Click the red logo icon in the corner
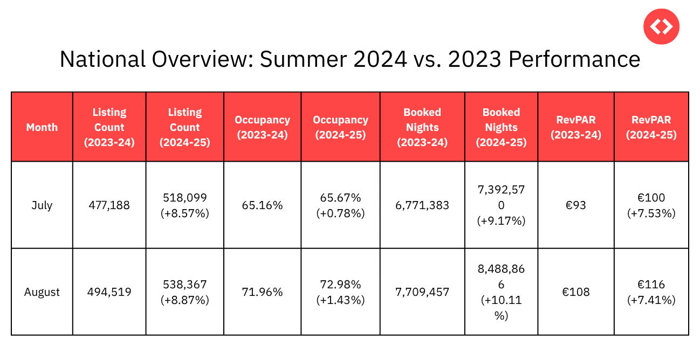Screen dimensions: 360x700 [x=661, y=26]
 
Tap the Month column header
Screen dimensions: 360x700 [x=42, y=127]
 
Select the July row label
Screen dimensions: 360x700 [x=42, y=205]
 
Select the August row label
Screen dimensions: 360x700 [x=42, y=292]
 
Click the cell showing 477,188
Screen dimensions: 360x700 [x=109, y=205]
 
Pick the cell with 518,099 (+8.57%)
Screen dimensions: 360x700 [x=184, y=205]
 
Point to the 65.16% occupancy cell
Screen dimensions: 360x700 [x=262, y=205]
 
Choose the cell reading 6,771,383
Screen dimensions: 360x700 [x=422, y=205]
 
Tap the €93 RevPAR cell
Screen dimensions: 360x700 [x=576, y=205]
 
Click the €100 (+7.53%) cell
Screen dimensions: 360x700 [x=651, y=205]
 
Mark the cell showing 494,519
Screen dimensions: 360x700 [x=109, y=292]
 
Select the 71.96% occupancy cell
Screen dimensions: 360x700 [x=262, y=292]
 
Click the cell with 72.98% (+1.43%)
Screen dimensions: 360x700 [x=340, y=292]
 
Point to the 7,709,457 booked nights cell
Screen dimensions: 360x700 [x=422, y=292]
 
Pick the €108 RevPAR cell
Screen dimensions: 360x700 [x=576, y=292]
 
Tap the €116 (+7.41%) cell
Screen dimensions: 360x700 [x=651, y=292]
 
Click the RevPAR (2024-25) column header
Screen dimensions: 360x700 [x=651, y=127]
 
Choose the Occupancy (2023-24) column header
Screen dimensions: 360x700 [x=262, y=127]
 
